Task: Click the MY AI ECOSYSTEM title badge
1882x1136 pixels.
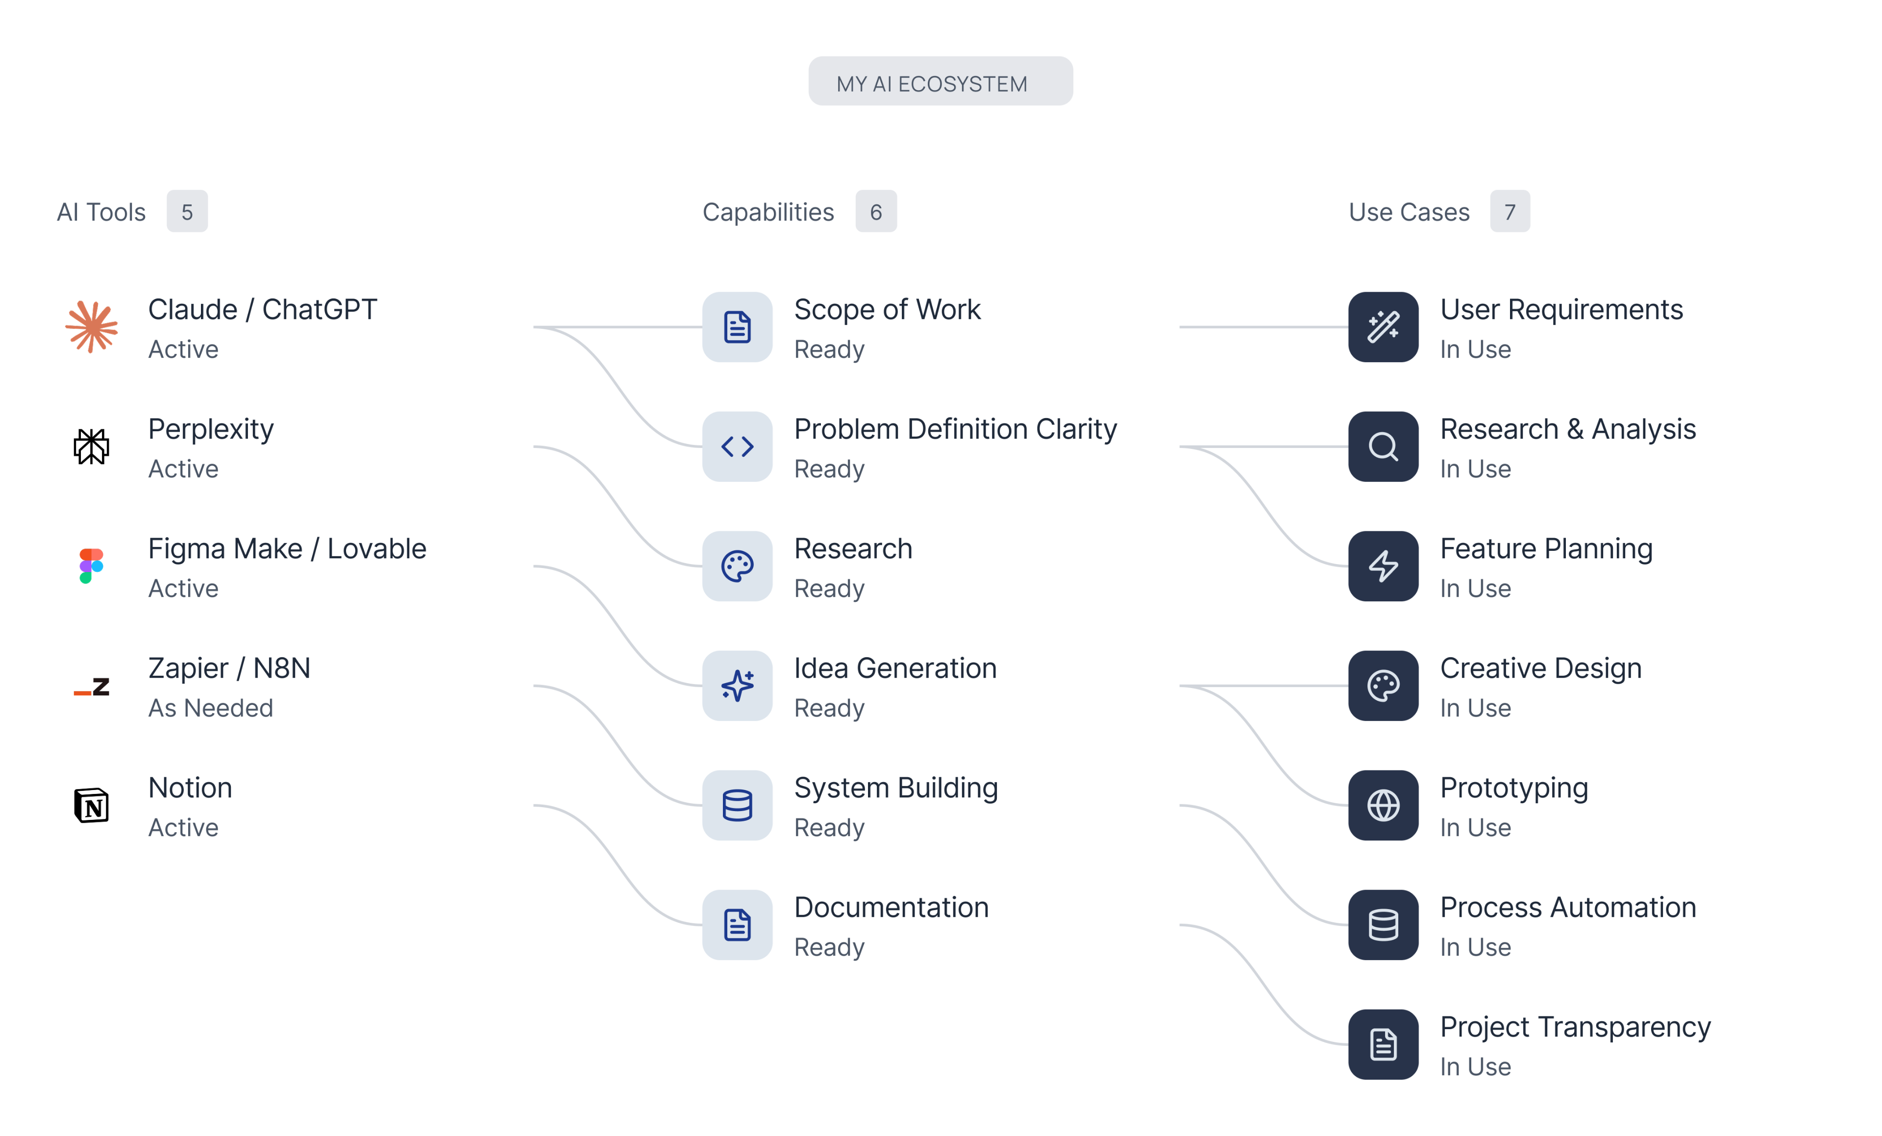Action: point(940,81)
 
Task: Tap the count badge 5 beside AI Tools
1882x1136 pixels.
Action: point(187,212)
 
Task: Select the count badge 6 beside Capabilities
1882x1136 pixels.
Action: point(876,212)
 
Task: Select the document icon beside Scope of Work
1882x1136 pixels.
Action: point(737,327)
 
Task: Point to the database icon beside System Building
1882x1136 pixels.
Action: point(737,805)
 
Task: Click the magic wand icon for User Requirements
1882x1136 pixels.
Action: point(1383,327)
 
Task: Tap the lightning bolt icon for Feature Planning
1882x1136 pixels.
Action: point(1383,566)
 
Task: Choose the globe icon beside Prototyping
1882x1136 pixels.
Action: point(1383,805)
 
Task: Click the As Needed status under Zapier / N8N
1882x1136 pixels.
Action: point(211,708)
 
